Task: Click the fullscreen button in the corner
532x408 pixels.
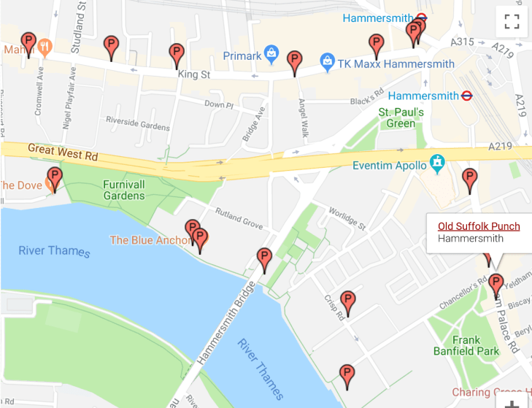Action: (512, 21)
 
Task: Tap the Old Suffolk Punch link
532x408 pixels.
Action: (479, 226)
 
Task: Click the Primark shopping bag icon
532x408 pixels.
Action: (272, 53)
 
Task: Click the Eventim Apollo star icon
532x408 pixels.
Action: (437, 163)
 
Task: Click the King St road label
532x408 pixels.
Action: (194, 74)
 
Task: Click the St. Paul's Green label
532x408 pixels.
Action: (401, 118)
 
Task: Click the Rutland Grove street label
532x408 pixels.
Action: (239, 218)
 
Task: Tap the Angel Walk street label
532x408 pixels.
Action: (301, 117)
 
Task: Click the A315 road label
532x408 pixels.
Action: (463, 42)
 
